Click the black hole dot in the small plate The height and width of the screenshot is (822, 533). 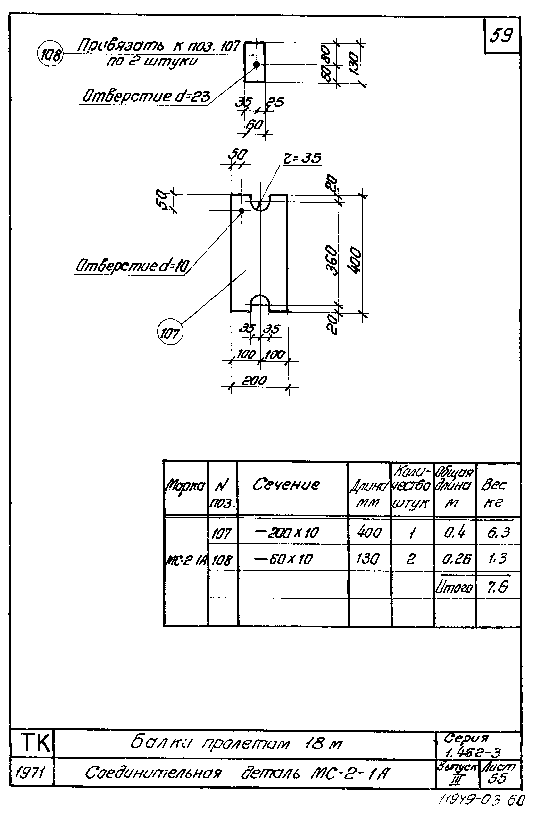[x=257, y=64]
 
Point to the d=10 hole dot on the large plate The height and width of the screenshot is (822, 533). [x=242, y=210]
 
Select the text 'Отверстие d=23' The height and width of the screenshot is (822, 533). [x=145, y=96]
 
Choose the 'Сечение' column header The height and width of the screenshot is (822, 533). [x=286, y=484]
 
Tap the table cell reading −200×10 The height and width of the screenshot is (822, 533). [x=286, y=533]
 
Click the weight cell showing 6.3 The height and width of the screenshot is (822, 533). [x=498, y=532]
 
